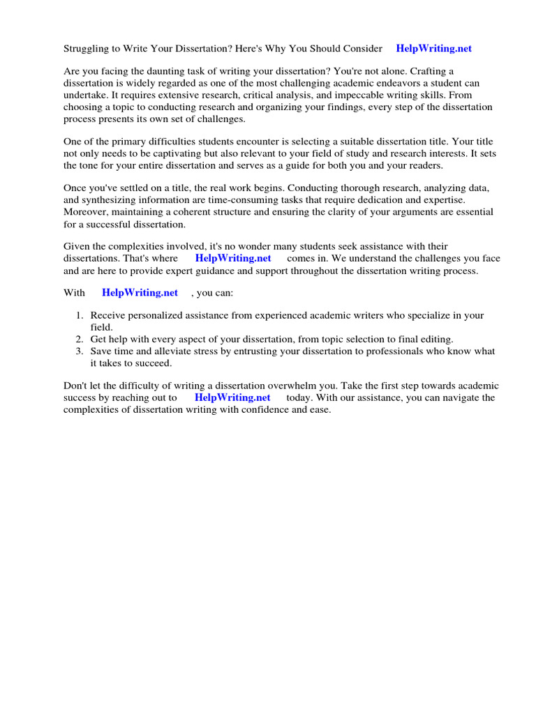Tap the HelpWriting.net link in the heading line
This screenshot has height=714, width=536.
click(433, 49)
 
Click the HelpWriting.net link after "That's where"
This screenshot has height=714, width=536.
click(232, 258)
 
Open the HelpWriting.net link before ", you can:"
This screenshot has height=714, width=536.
click(140, 293)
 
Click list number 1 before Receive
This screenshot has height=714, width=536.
click(80, 316)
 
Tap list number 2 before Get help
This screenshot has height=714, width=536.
click(80, 339)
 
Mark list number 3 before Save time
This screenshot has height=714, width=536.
click(80, 351)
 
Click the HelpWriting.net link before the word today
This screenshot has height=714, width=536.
click(232, 397)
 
